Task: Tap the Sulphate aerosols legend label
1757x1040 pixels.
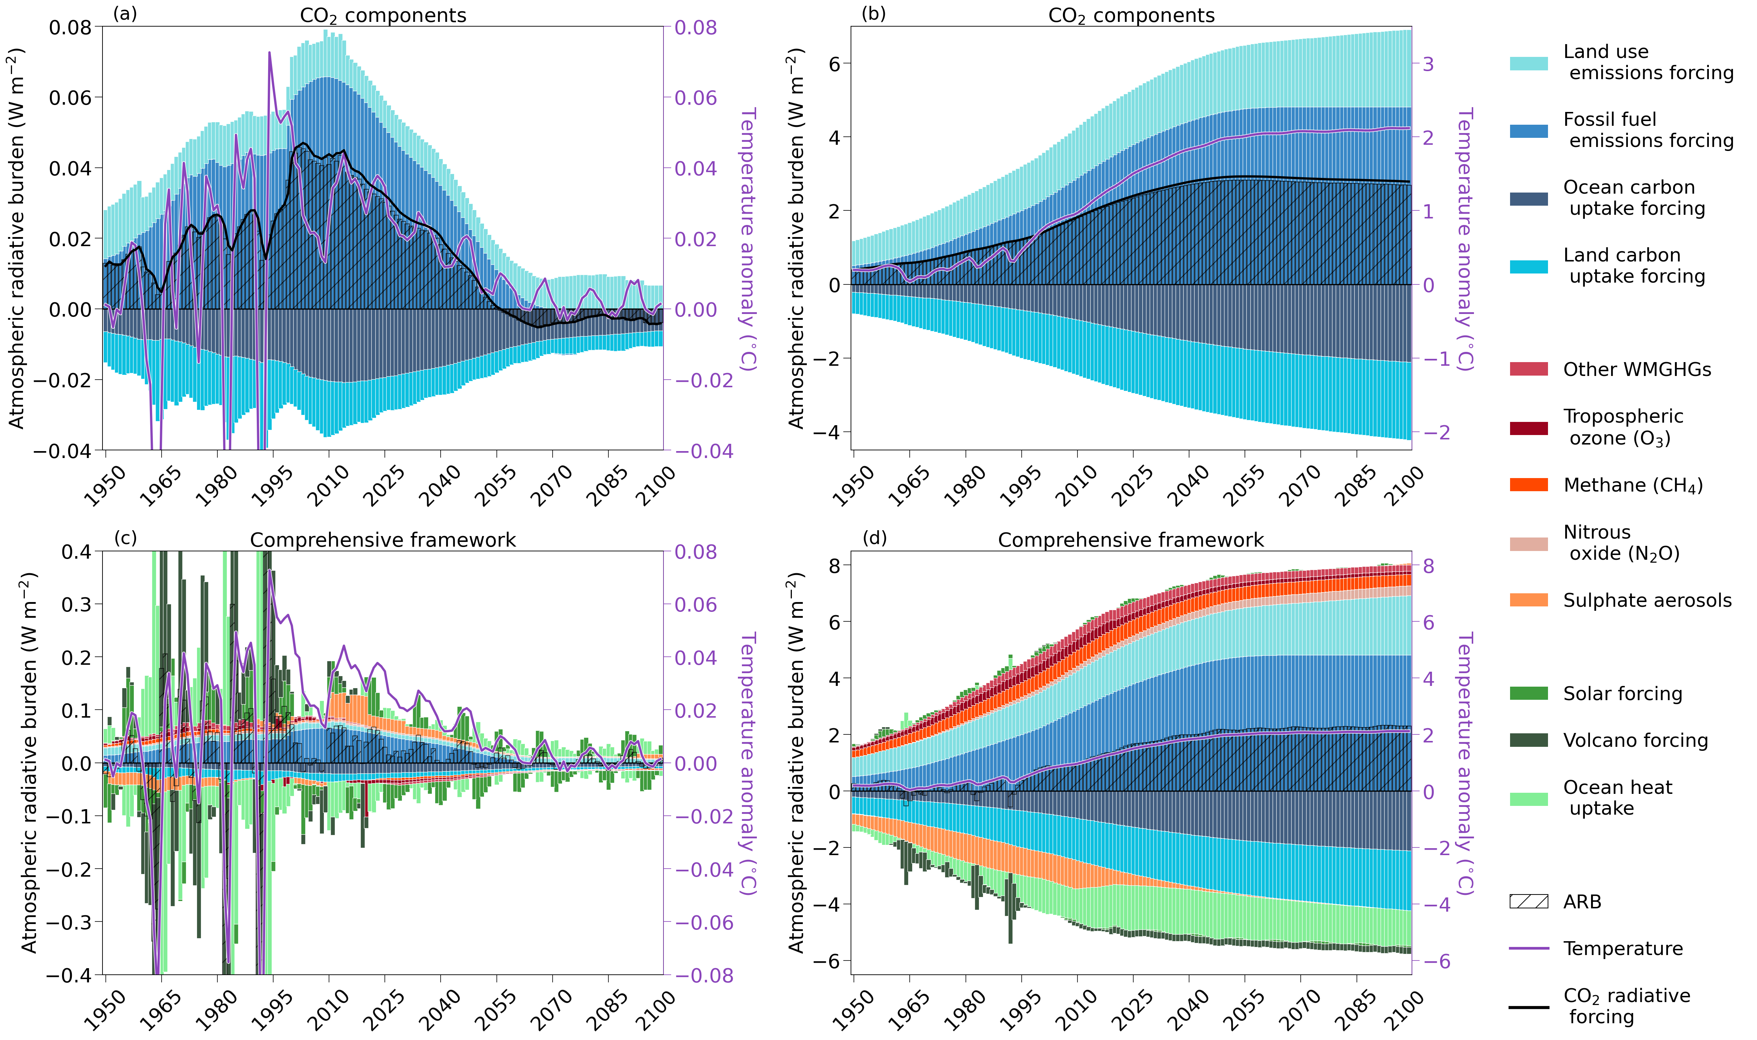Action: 1647,601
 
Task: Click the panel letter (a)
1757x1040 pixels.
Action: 125,14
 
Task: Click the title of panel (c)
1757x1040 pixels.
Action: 383,540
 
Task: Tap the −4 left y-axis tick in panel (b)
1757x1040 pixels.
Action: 825,432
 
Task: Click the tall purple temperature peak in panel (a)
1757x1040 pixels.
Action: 270,53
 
